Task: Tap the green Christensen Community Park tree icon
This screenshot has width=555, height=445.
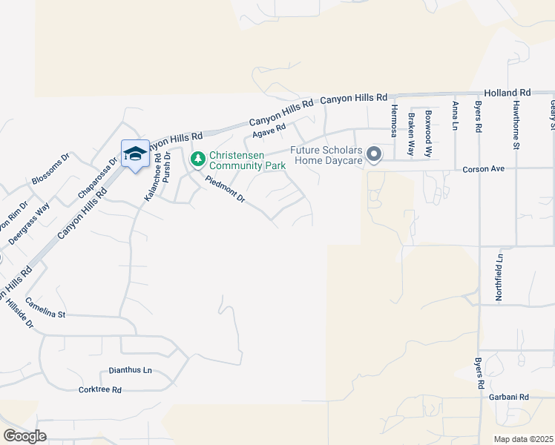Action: click(197, 159)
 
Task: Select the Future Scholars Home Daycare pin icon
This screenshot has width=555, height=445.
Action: click(375, 155)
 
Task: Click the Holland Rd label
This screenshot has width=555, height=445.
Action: click(514, 93)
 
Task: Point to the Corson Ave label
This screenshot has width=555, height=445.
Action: click(483, 169)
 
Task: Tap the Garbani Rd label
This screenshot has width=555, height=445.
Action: click(508, 397)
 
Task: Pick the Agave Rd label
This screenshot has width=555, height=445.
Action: click(269, 131)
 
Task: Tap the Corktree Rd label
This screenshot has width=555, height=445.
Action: click(99, 389)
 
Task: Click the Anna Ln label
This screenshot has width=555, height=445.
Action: click(455, 117)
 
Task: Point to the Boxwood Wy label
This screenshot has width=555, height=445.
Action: click(428, 133)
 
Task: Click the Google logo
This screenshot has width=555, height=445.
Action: click(24, 436)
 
